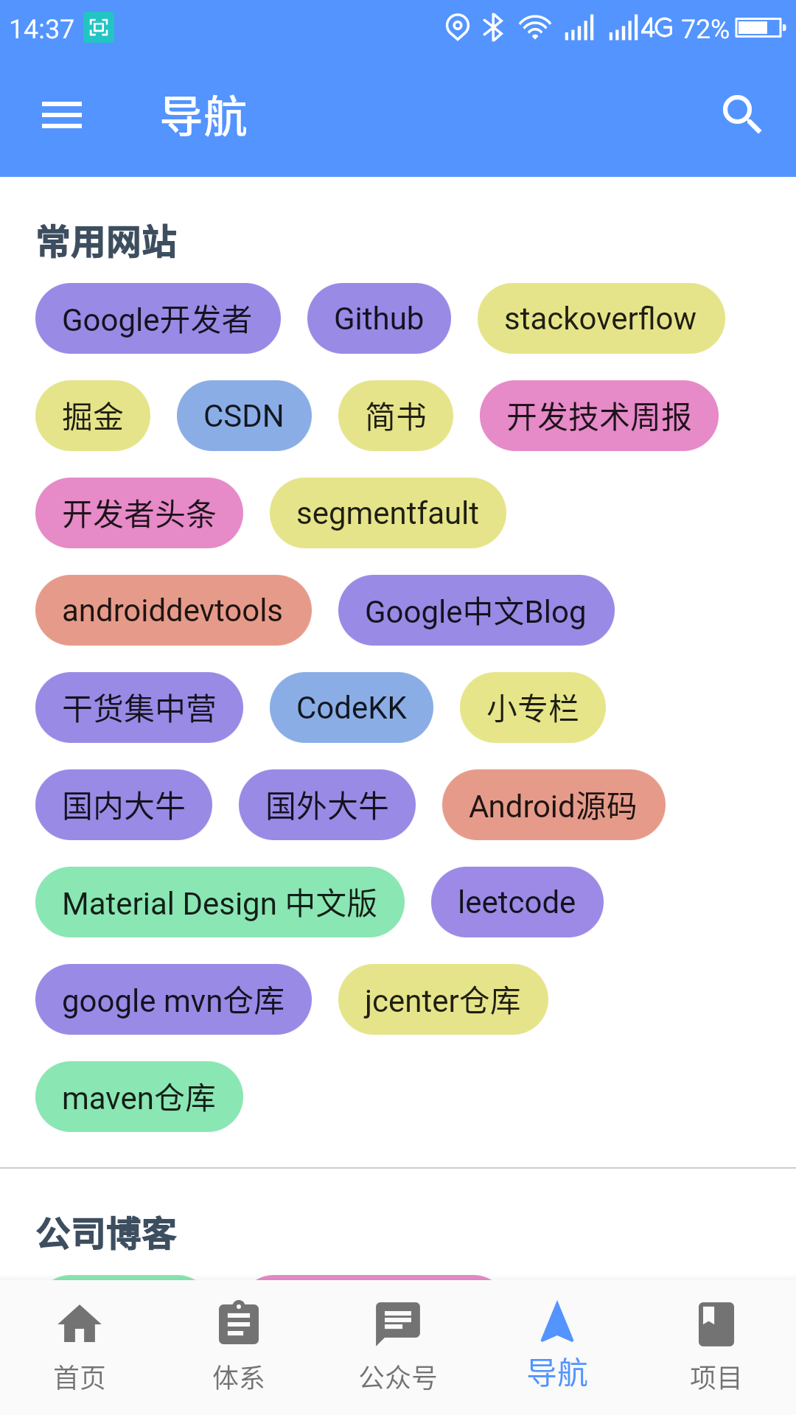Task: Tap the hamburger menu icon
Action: [x=62, y=115]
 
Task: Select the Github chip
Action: [x=379, y=318]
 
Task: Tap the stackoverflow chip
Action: [x=601, y=318]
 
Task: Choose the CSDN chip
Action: [x=244, y=416]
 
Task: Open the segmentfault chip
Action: [x=388, y=513]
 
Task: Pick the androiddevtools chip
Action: [x=173, y=610]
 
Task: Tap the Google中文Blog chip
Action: [x=476, y=610]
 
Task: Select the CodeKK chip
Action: [x=352, y=707]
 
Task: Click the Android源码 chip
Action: [x=554, y=805]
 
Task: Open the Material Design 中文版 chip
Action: [x=220, y=902]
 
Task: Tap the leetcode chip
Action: [x=517, y=902]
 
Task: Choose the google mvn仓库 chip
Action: [x=173, y=999]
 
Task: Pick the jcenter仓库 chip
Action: [x=443, y=999]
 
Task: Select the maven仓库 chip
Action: [x=139, y=1097]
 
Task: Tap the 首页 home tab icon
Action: [x=80, y=1324]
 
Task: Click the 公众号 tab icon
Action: [x=398, y=1324]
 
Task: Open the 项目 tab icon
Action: [x=716, y=1324]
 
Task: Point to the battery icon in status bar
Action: [x=761, y=28]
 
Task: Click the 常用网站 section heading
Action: [x=107, y=242]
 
